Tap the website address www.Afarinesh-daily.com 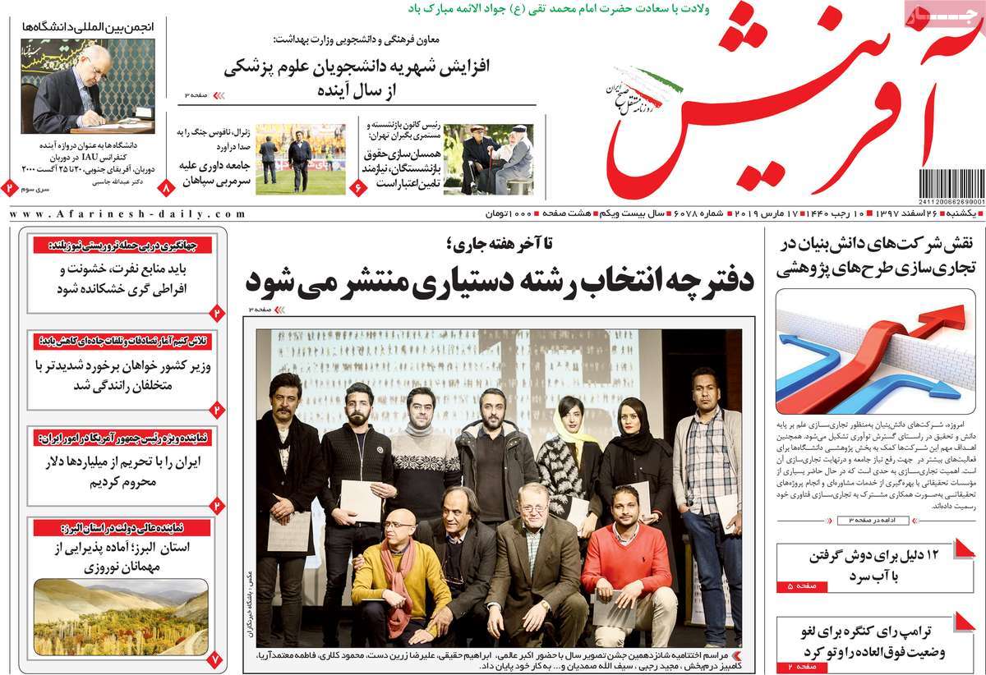click(127, 214)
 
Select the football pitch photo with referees click(301, 158)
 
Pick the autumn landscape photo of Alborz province click(121, 617)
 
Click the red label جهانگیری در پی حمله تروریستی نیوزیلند click(123, 245)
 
